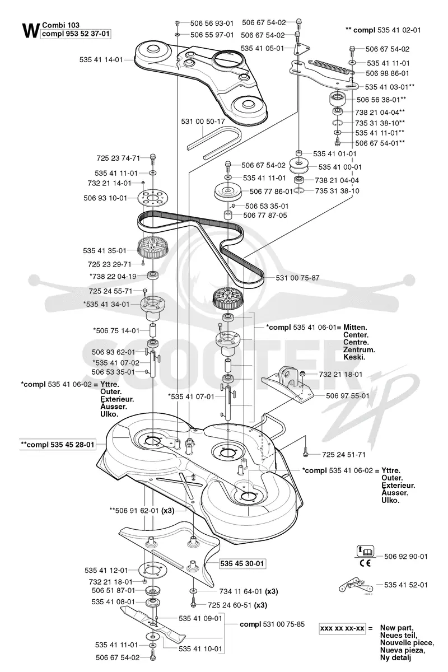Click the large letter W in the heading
coord(31,31)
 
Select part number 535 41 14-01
coord(101,60)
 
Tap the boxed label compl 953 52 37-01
coord(76,34)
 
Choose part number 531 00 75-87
coord(297,278)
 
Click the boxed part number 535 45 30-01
coord(242,563)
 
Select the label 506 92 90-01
coord(405,557)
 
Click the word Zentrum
coord(359,349)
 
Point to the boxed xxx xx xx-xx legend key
coord(342,628)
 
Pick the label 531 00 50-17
coord(203,122)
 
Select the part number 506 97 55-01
coord(347,396)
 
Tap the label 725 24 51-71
coord(344,455)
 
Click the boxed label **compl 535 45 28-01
coord(58,444)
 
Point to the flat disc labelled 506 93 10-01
coord(153,198)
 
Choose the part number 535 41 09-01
coord(200,618)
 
